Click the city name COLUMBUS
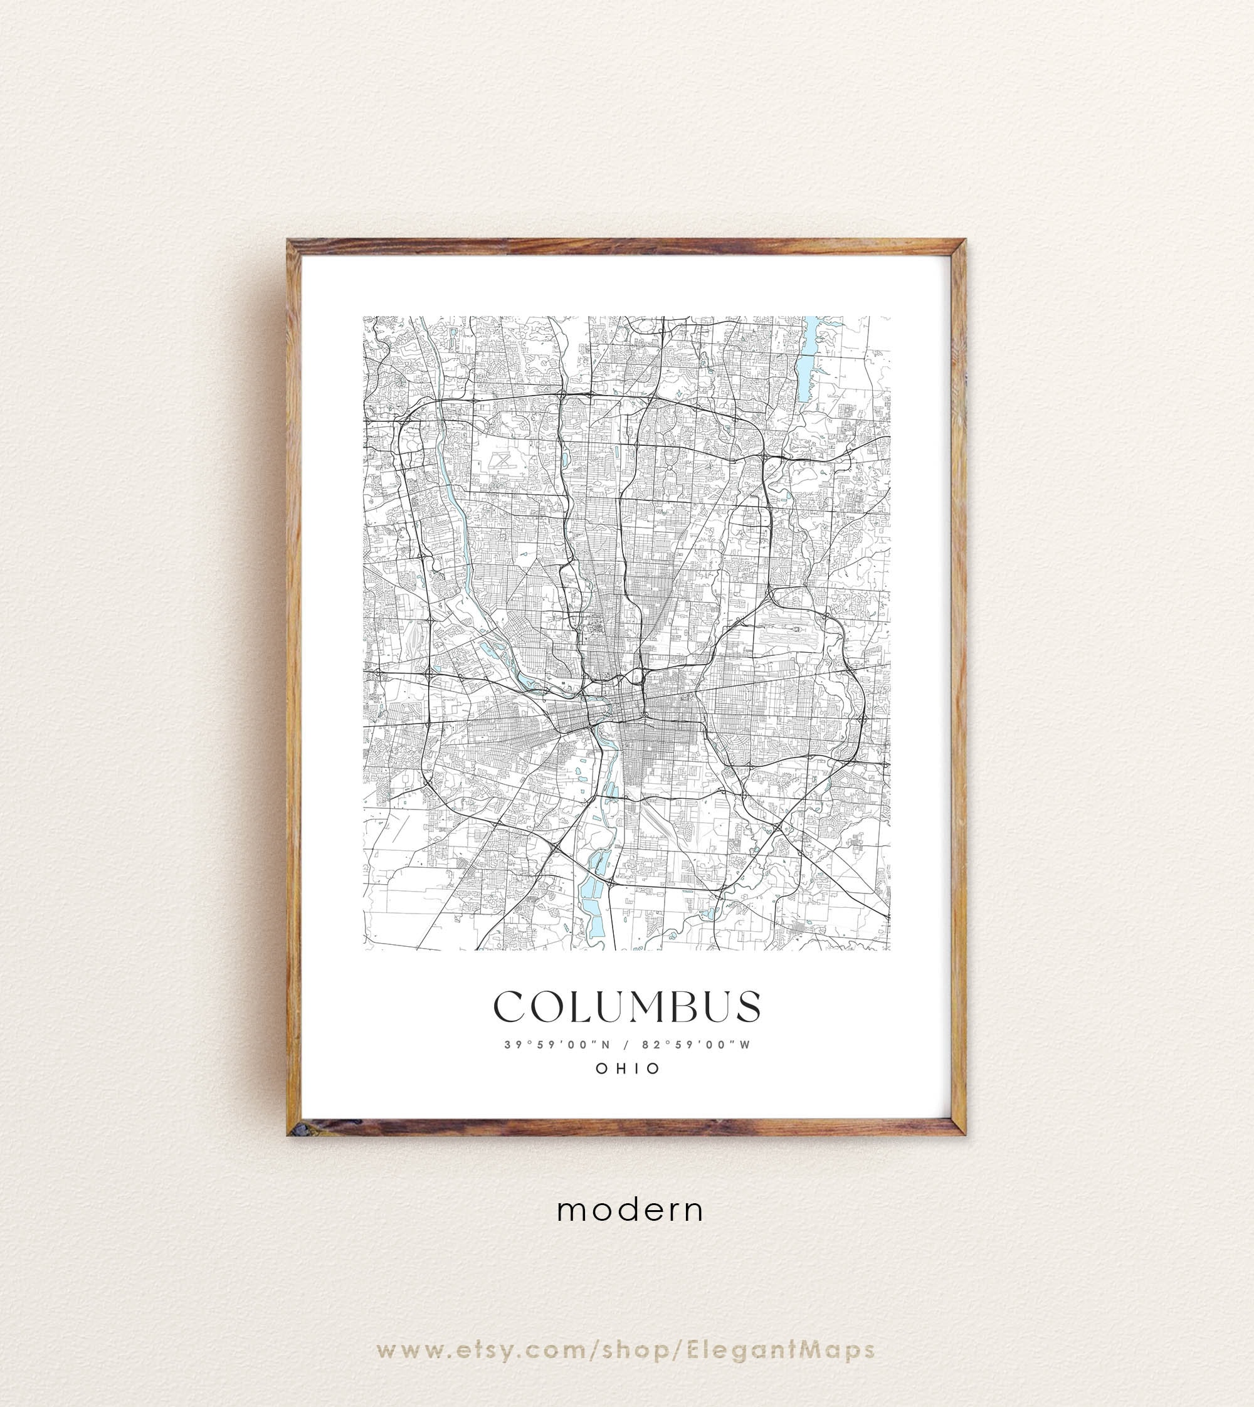(x=627, y=1007)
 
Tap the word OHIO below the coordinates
(x=628, y=1068)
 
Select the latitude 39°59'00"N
(x=557, y=1045)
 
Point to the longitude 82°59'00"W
(x=695, y=1045)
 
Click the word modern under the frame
(x=630, y=1211)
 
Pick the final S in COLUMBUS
(x=747, y=1007)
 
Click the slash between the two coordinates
(x=626, y=1045)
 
